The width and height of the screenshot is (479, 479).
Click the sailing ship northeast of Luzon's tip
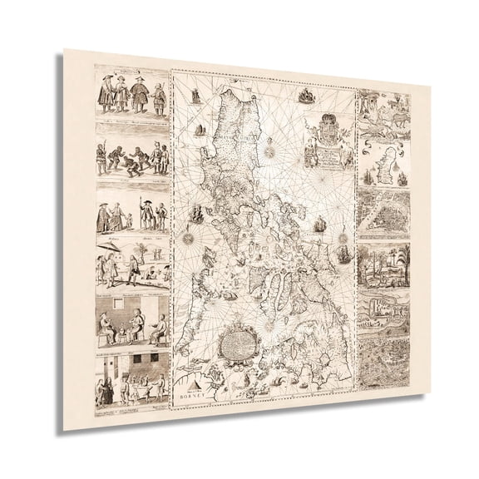point(306,97)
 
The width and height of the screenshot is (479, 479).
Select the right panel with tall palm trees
point(384,266)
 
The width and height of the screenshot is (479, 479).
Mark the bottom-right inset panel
point(385,362)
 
